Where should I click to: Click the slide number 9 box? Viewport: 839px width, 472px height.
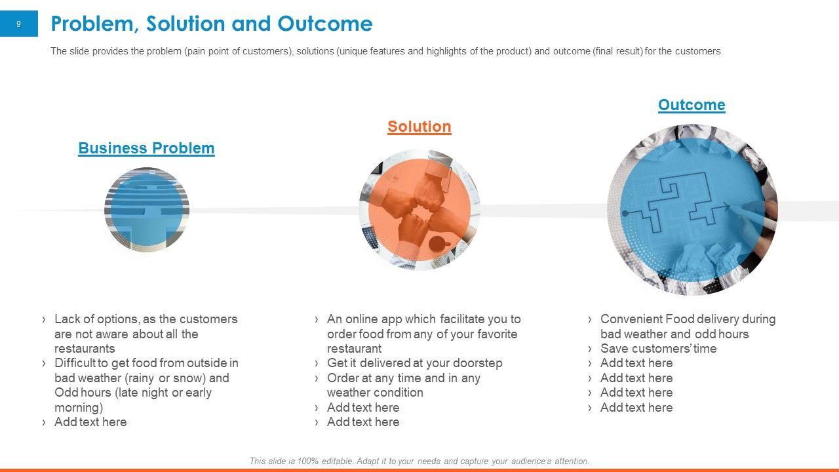[x=19, y=24]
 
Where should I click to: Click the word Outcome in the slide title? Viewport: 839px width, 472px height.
[x=324, y=24]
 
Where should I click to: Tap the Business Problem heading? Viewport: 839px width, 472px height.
[x=146, y=148]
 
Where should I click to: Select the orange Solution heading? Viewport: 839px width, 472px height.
[x=419, y=127]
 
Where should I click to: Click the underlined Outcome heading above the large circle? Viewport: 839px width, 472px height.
[x=692, y=105]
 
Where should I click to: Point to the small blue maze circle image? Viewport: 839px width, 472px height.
[x=147, y=210]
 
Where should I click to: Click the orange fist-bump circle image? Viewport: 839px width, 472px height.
[x=419, y=210]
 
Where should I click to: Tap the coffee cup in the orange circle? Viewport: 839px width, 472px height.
[x=439, y=244]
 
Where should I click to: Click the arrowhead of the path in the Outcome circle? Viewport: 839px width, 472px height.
[x=727, y=206]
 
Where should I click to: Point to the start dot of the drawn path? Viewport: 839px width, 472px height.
[x=625, y=213]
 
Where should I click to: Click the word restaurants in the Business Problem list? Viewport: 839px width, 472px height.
[x=85, y=348]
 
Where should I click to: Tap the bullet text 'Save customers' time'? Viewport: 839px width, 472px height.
[x=659, y=348]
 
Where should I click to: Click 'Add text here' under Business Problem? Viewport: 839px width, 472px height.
[x=90, y=422]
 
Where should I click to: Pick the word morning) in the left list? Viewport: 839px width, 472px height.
[x=79, y=408]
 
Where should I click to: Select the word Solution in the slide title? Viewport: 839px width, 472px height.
[x=185, y=24]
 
